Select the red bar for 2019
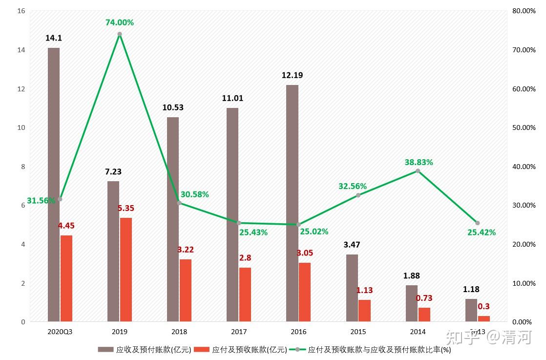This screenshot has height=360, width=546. click(x=126, y=270)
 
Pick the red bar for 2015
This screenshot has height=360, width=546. click(x=364, y=311)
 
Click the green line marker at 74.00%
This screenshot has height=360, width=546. click(x=120, y=34)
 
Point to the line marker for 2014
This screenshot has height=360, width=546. click(x=418, y=171)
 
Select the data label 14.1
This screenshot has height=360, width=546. click(x=54, y=38)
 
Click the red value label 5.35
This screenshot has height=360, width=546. click(x=126, y=208)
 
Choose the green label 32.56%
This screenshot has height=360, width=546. click(x=353, y=186)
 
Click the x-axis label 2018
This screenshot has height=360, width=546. click(x=179, y=332)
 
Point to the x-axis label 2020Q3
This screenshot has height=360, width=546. click(x=60, y=332)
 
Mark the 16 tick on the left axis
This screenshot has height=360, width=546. click(x=21, y=11)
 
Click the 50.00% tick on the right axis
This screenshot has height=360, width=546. click(x=524, y=127)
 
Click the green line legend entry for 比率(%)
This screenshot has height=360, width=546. click(x=374, y=349)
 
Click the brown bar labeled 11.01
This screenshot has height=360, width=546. click(x=232, y=215)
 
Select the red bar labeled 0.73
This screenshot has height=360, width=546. click(x=424, y=315)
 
